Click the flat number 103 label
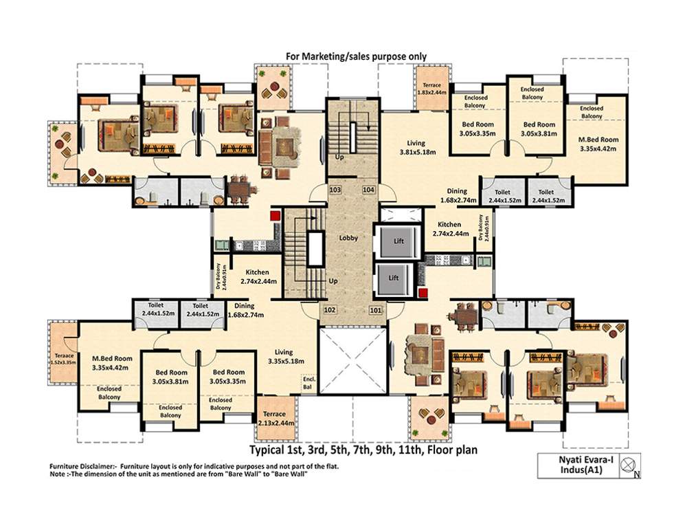[x=335, y=189]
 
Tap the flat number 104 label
[x=368, y=189]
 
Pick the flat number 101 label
[x=376, y=310]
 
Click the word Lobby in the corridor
[x=348, y=238]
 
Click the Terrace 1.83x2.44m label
[x=433, y=89]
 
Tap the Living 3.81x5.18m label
[x=418, y=148]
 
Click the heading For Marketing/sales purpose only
[x=357, y=56]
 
